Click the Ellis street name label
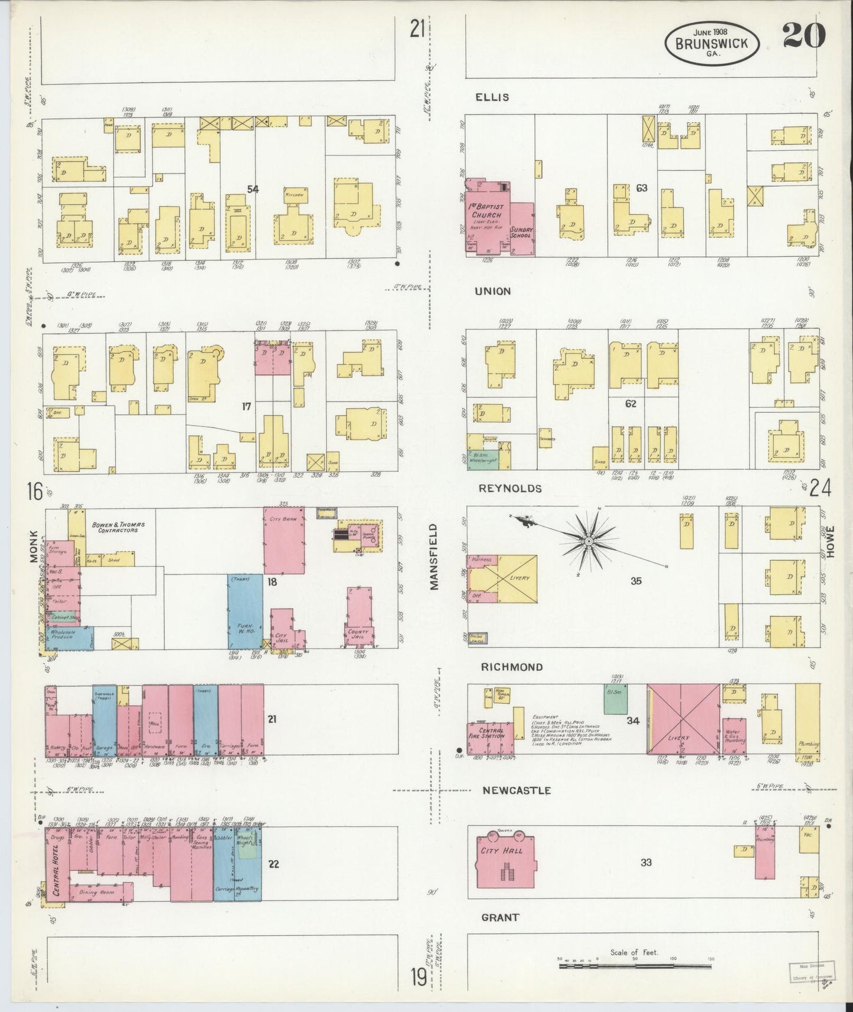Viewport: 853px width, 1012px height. [x=492, y=97]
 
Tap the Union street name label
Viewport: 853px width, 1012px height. [x=492, y=291]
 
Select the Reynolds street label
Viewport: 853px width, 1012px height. [x=510, y=488]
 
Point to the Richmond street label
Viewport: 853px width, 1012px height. [x=511, y=667]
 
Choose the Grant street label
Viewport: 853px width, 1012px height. [x=500, y=917]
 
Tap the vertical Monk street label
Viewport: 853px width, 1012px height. [x=33, y=546]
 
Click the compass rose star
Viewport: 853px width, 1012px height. [x=589, y=540]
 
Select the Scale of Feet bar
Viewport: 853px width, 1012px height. [x=635, y=967]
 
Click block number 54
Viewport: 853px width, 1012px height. [x=253, y=189]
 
